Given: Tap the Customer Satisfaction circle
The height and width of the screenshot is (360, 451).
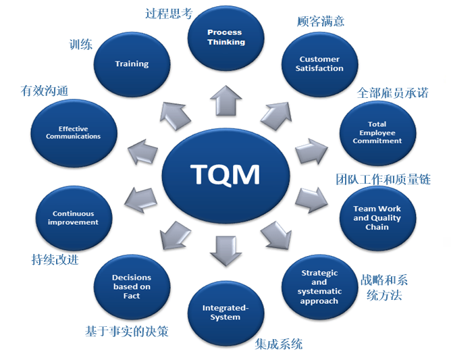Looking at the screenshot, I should click(320, 64).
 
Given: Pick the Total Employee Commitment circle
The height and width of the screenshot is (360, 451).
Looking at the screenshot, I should click(377, 132).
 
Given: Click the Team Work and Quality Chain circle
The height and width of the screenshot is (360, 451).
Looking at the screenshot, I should click(377, 217).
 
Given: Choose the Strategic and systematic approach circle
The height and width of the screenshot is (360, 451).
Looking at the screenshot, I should click(319, 287).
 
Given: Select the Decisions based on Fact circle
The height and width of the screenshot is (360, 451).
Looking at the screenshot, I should click(132, 286).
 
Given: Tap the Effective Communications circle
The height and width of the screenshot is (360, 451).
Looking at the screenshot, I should click(74, 132).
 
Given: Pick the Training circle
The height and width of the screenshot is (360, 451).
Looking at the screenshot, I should click(132, 64).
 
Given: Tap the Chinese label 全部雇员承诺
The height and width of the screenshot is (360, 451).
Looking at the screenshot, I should click(393, 93).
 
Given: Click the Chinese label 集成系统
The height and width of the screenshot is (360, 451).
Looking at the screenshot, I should click(279, 344).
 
